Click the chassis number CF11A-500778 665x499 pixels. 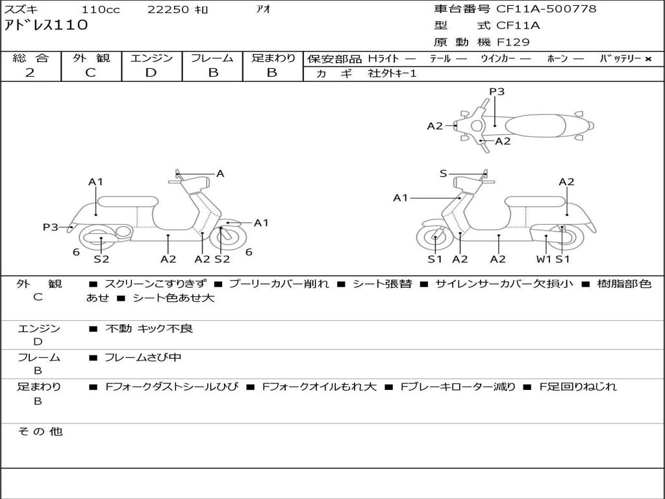546,9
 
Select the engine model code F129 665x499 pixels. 513,42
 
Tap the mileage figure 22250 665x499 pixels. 168,10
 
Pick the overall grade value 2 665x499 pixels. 30,73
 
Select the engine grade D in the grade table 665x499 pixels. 151,73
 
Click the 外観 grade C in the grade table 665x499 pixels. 90,73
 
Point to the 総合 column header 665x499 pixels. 31,58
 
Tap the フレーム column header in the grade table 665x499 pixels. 212,58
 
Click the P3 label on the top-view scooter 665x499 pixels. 497,92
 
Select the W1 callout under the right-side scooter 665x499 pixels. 544,259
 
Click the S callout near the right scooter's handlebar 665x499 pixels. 444,173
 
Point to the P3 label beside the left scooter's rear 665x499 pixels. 51,227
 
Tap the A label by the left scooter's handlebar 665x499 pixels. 220,173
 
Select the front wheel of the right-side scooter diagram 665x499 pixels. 434,238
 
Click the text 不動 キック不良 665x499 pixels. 149,329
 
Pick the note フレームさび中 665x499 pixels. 144,357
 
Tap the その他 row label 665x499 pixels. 40,431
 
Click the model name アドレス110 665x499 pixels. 46,26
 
